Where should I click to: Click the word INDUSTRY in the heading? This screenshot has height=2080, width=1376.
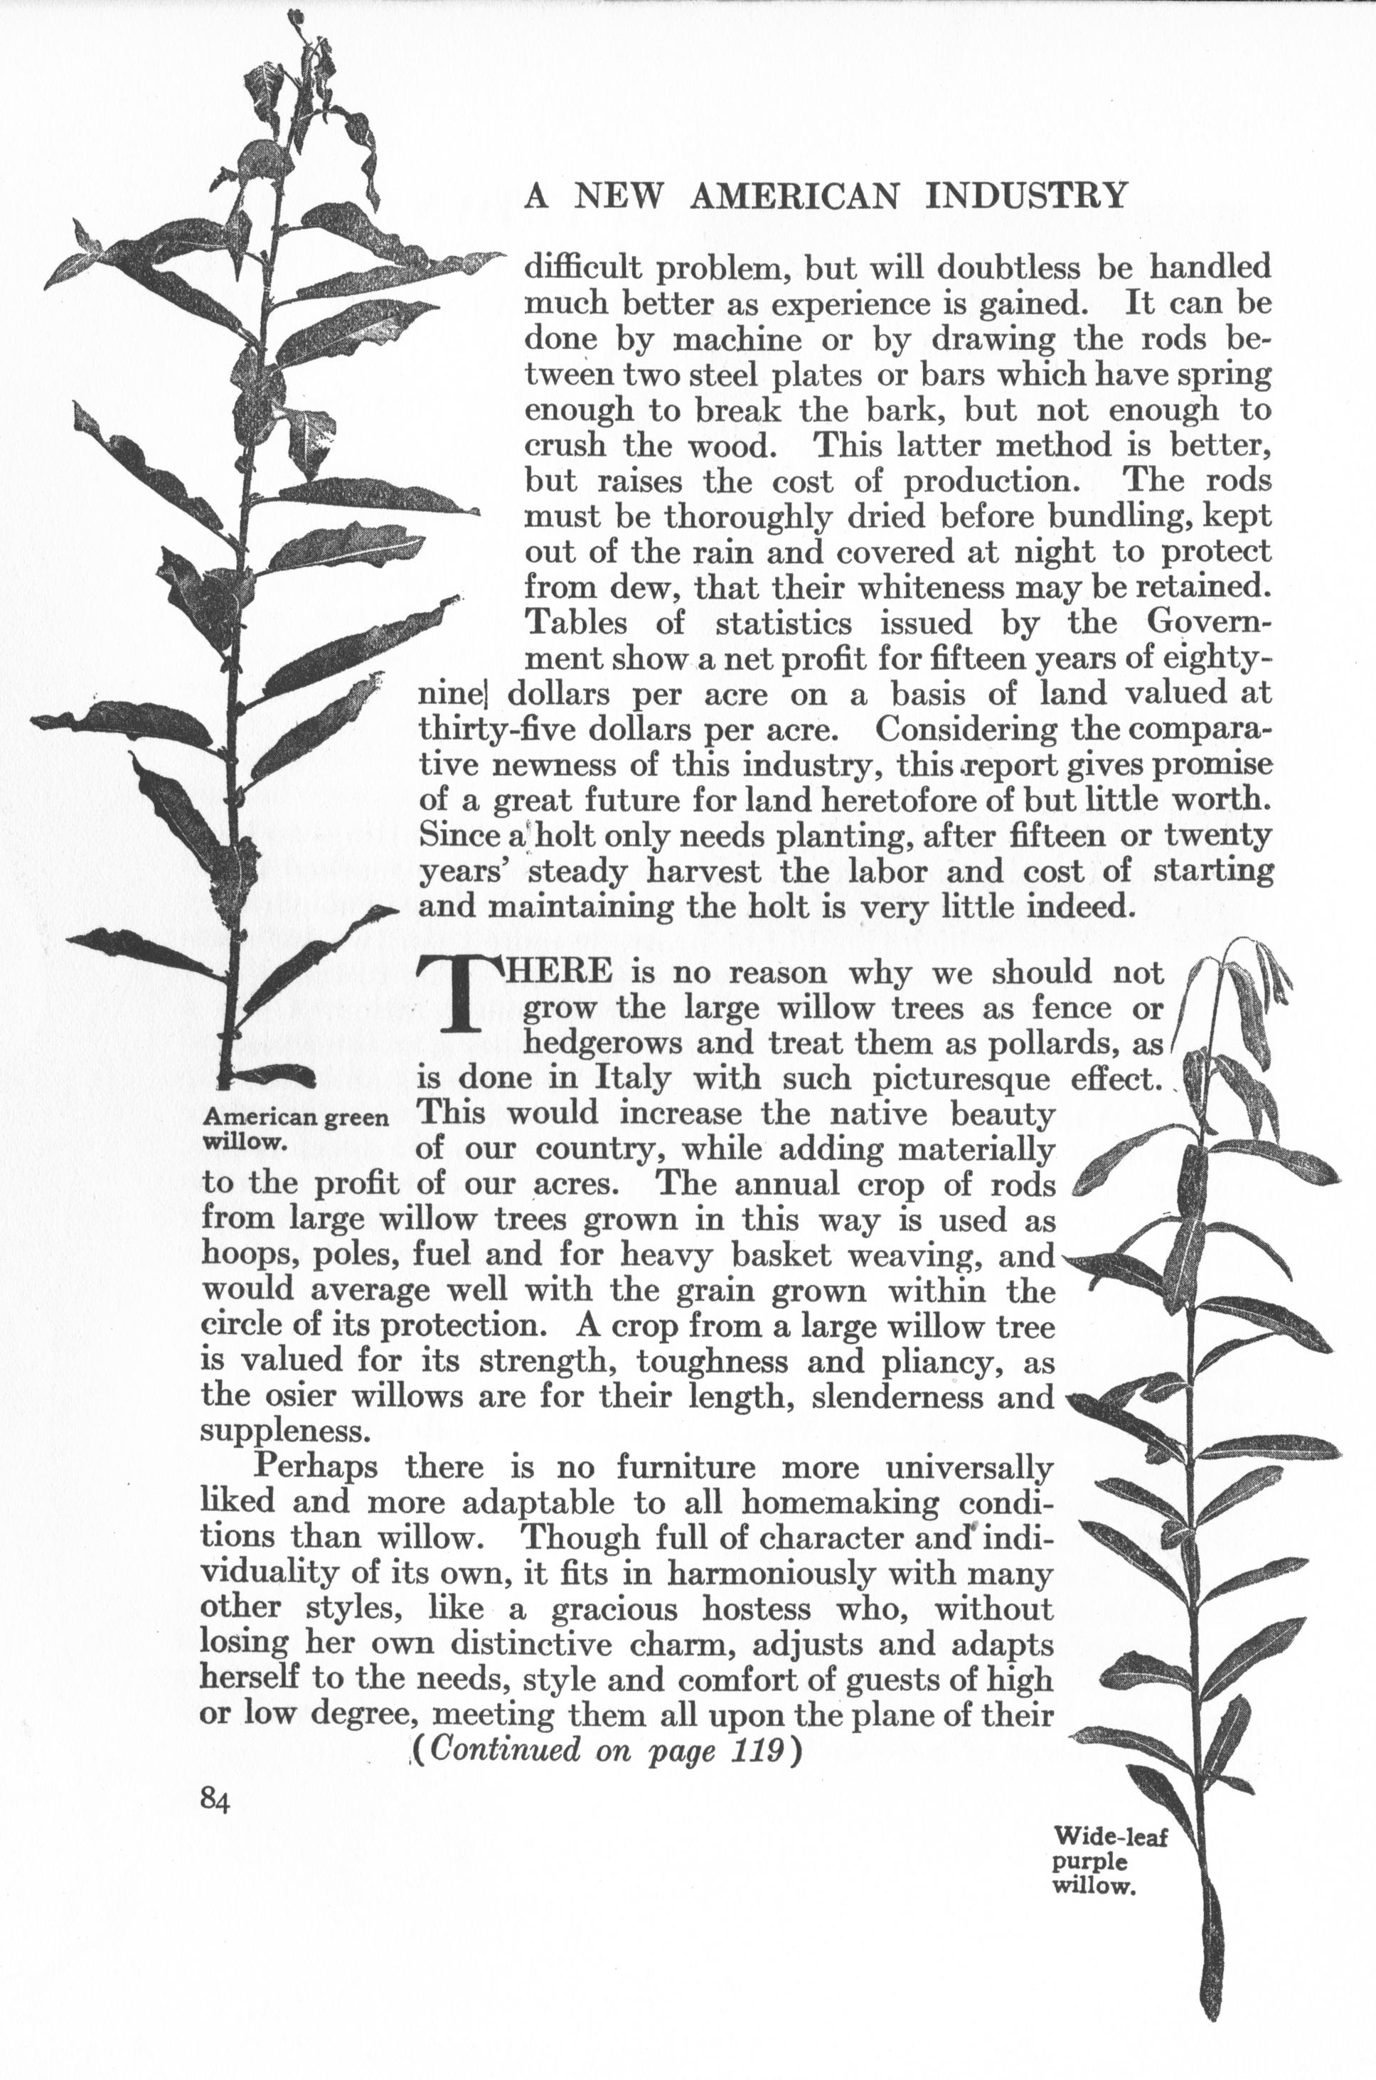pos(1026,196)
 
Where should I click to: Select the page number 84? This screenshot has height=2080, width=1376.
pos(215,1800)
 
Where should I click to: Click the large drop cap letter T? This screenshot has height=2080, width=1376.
pos(458,993)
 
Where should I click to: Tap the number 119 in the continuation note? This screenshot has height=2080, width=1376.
pos(757,1750)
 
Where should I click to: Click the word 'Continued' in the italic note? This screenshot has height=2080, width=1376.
pos(506,1750)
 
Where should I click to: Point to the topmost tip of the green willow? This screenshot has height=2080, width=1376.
pos(295,16)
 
